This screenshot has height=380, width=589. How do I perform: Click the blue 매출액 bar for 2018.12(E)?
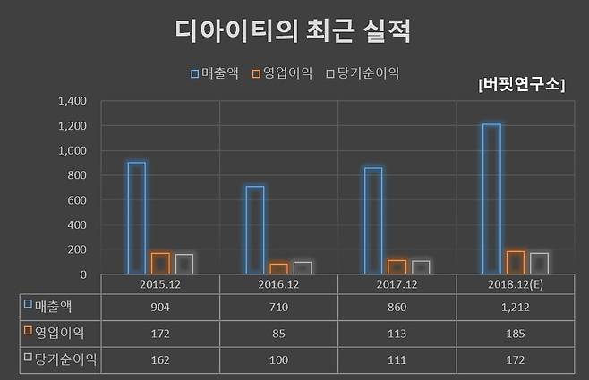pos(491,198)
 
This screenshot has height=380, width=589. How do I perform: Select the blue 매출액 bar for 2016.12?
pos(254,230)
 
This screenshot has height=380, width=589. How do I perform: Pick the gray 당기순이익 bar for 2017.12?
pos(421,267)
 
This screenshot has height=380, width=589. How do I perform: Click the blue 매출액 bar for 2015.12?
pos(136,218)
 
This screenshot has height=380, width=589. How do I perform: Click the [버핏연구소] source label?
pos(522,85)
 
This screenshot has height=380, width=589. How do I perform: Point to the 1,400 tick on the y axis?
pos(72,101)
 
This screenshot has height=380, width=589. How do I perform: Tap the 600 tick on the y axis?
pos(77,200)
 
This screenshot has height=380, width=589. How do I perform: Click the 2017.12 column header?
pos(397,283)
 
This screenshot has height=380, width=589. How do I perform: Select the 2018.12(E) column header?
pos(515,283)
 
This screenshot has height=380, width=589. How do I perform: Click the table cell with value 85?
pos(278,333)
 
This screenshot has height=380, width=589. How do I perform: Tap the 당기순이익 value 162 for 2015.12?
pos(160,359)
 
